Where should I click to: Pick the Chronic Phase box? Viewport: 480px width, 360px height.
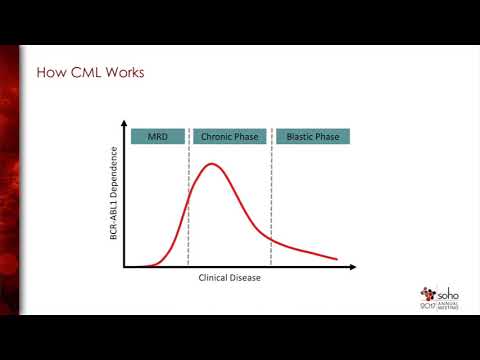229,137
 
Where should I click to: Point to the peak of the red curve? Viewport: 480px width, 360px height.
212,163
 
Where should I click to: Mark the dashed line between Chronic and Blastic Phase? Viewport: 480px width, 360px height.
271,200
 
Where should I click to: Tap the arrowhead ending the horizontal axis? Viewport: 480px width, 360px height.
353,267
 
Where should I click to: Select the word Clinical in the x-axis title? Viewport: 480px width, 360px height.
214,278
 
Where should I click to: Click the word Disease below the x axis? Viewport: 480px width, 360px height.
245,278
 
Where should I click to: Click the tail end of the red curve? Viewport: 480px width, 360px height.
336,260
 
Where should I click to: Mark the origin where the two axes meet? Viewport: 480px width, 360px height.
124,267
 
